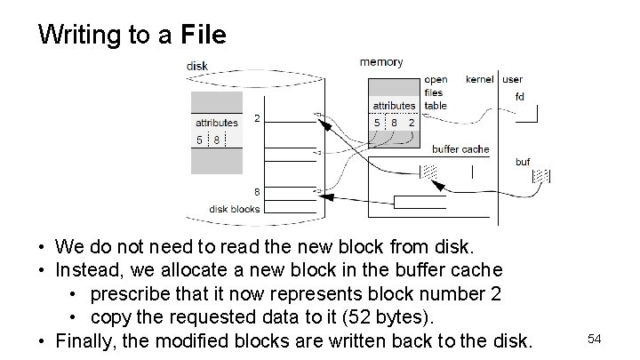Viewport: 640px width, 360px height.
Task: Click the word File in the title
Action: coord(204,35)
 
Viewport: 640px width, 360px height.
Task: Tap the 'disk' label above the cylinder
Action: coord(197,66)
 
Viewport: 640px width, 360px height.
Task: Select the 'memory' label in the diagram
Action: coord(380,62)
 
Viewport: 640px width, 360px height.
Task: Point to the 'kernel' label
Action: coord(481,80)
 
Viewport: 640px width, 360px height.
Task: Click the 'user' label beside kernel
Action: coord(513,80)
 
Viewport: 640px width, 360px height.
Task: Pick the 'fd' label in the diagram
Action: coord(519,96)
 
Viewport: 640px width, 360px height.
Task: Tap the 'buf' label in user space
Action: coord(523,162)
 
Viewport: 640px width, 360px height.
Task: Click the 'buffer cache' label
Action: coord(460,149)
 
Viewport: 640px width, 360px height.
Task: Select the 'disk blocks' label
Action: coord(235,209)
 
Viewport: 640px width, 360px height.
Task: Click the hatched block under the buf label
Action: coord(541,176)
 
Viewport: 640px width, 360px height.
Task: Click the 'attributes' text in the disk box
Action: coord(217,123)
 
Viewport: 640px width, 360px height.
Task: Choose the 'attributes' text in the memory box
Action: coord(394,106)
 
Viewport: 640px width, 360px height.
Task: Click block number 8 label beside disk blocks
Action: coord(257,191)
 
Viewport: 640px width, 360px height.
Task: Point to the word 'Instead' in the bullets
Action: coord(86,268)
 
